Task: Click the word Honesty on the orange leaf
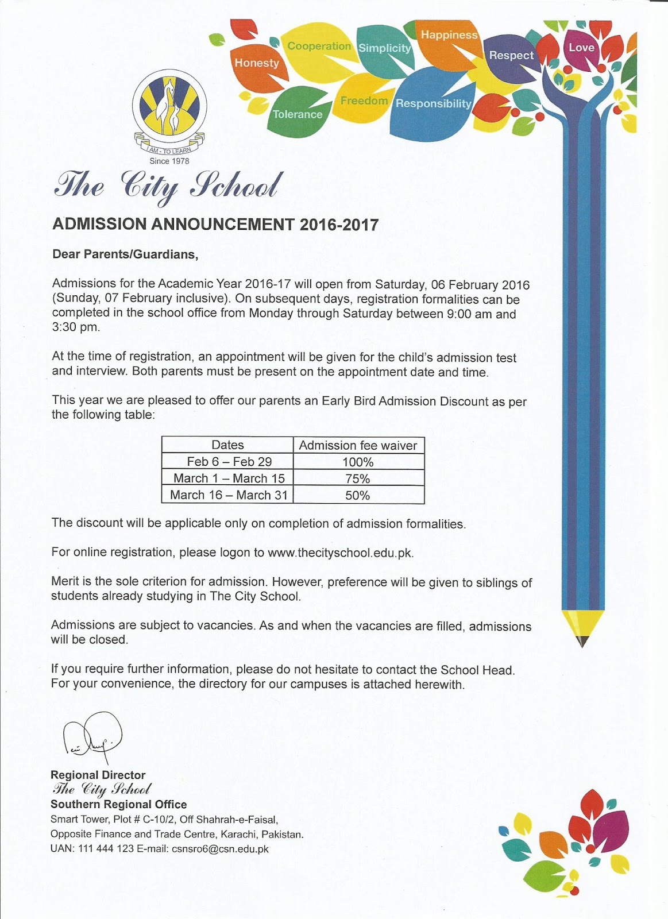pos(257,63)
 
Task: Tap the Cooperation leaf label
pos(319,46)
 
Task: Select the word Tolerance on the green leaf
pos(298,114)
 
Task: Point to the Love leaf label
pos(581,48)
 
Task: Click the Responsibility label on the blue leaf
pos(433,103)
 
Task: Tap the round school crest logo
pos(169,107)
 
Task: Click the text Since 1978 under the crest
pos(169,161)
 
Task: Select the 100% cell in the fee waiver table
pos(358,462)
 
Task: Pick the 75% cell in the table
pos(358,478)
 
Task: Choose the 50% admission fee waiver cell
pos(358,495)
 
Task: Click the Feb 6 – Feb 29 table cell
pos(229,462)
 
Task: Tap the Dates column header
pos(227,445)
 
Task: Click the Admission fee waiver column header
pos(358,445)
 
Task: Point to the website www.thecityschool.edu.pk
pos(340,553)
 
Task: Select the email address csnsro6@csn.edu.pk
pos(220,849)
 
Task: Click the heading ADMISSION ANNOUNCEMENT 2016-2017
pos(215,225)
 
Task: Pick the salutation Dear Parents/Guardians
pos(125,254)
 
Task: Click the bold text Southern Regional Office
pos(118,805)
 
